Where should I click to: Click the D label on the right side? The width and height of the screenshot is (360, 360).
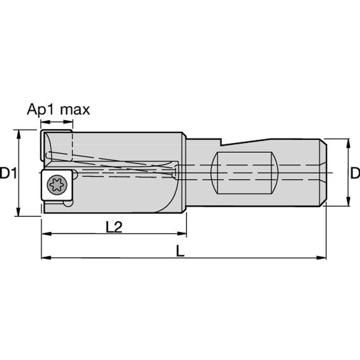[x=355, y=173]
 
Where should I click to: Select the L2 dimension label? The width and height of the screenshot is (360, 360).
[x=113, y=228]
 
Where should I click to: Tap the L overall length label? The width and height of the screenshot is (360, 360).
[x=180, y=252]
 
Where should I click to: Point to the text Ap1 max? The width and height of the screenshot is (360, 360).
[x=58, y=110]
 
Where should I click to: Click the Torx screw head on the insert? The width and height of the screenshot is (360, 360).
[x=55, y=184]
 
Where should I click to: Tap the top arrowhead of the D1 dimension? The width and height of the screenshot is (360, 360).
[x=18, y=134]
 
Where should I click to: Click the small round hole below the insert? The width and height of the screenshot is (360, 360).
[x=68, y=204]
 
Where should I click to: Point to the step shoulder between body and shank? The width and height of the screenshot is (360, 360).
[x=184, y=173]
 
